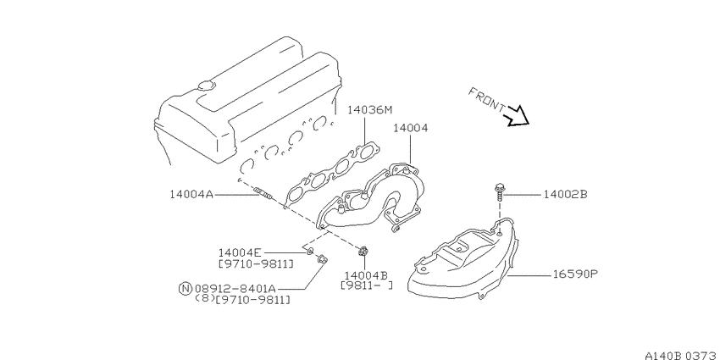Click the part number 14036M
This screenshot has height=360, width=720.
point(370,110)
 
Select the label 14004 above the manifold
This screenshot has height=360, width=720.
point(410,128)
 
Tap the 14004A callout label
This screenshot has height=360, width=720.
point(191,195)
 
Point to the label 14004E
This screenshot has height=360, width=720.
point(240,252)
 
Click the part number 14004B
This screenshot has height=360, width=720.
point(367,275)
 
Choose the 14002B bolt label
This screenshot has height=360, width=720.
point(565,195)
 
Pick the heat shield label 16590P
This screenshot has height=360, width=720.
point(575,274)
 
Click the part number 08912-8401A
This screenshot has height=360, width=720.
point(235,289)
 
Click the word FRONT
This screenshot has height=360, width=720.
point(487,100)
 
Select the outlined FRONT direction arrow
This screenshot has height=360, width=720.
point(517,117)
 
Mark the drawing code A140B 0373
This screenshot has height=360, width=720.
point(682,355)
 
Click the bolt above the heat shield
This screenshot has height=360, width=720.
point(499,192)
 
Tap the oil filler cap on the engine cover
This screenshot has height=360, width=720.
point(206,86)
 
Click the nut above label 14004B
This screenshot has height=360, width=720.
point(363,252)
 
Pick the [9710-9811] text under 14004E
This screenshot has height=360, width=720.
point(256,264)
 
